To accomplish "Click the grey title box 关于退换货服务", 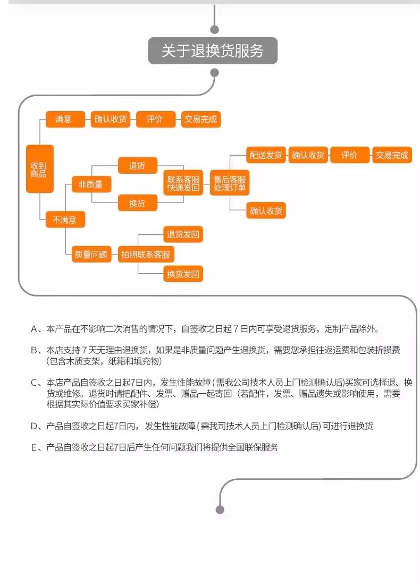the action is point(213,50).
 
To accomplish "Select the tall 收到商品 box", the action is point(39,169).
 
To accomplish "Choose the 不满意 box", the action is point(65,220).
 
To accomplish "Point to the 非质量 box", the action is point(91,184).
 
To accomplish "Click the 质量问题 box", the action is point(91,255).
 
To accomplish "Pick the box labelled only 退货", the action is point(138,166).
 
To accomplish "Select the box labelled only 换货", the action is point(138,204).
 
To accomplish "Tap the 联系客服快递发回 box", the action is point(183,183).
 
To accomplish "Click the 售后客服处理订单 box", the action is point(229,183).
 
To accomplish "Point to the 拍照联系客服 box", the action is point(146,255).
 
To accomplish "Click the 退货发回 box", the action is point(183,234).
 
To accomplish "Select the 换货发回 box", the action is point(183,274).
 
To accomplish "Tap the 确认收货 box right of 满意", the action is point(111,120).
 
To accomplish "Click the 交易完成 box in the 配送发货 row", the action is point(392,155).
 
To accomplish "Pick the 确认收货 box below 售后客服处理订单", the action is point(266,211).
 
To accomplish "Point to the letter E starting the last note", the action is point(34,447).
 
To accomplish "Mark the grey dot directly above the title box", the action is point(215,29).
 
